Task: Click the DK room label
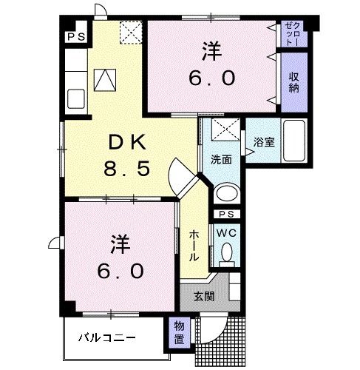coord(125,142)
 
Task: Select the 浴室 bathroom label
coord(263,143)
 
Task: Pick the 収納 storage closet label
coord(295,81)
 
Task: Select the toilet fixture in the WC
coord(225,255)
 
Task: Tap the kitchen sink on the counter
coord(74,97)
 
